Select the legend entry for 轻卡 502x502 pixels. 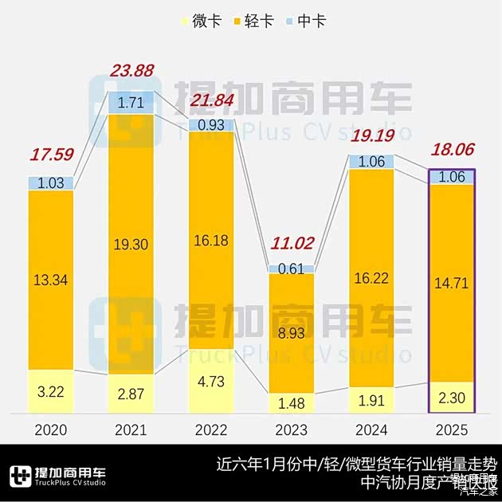click(x=250, y=22)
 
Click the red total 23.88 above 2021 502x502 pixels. click(x=131, y=71)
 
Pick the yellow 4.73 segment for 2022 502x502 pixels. click(x=210, y=382)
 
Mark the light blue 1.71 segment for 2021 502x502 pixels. click(x=131, y=102)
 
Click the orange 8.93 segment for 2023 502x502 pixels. click(x=291, y=333)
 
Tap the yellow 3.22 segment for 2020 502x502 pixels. click(x=51, y=392)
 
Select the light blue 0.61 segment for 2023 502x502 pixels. click(x=291, y=269)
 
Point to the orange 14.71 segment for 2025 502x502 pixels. click(x=451, y=280)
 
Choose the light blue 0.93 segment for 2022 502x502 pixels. click(x=210, y=125)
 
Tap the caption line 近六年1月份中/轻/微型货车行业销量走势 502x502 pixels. click(x=356, y=464)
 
